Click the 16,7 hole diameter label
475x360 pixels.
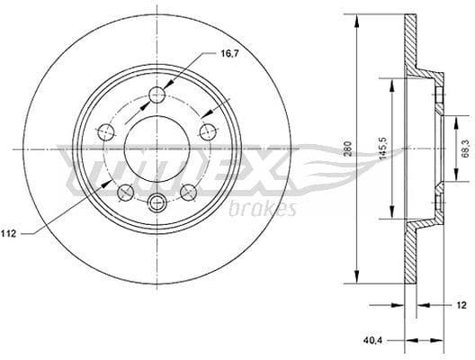tap(230, 53)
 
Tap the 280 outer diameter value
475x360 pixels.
tap(347, 148)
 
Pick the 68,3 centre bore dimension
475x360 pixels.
tap(462, 148)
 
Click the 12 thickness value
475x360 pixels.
tap(462, 305)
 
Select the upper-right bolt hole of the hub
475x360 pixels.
tap(210, 130)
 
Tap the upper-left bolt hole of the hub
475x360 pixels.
tap(106, 131)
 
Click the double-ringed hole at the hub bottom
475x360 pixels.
tap(158, 202)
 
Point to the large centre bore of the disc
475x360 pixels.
tap(158, 149)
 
